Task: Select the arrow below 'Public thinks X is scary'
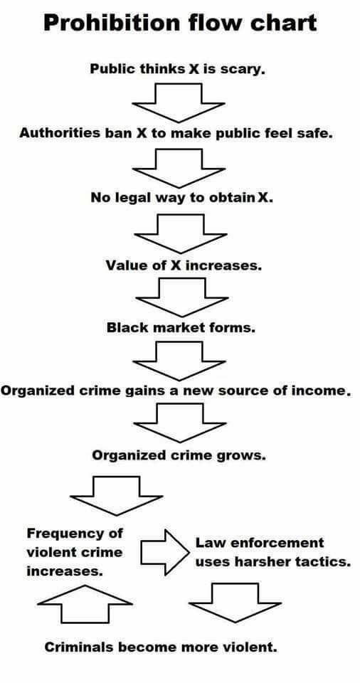pos(179,102)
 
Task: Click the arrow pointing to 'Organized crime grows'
pos(180,423)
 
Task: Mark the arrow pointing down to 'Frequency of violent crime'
pos(117,496)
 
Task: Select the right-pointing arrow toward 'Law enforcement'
pos(165,552)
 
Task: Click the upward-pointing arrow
pos(85,604)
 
